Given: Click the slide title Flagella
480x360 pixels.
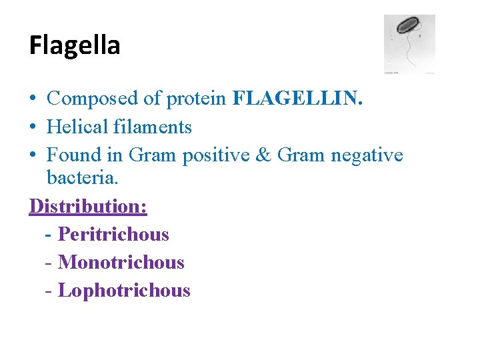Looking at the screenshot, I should pyautogui.click(x=75, y=45).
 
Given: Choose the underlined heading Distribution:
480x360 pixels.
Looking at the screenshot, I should pyautogui.click(x=88, y=206).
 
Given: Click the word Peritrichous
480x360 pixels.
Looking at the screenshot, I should pyautogui.click(x=113, y=235).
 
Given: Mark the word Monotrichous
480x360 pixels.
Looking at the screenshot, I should pyautogui.click(x=121, y=263).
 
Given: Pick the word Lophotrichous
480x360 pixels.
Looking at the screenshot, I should pyautogui.click(x=124, y=291).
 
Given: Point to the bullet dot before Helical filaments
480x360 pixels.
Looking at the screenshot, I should pyautogui.click(x=33, y=127).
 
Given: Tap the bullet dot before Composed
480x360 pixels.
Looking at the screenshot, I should pyautogui.click(x=33, y=99).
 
